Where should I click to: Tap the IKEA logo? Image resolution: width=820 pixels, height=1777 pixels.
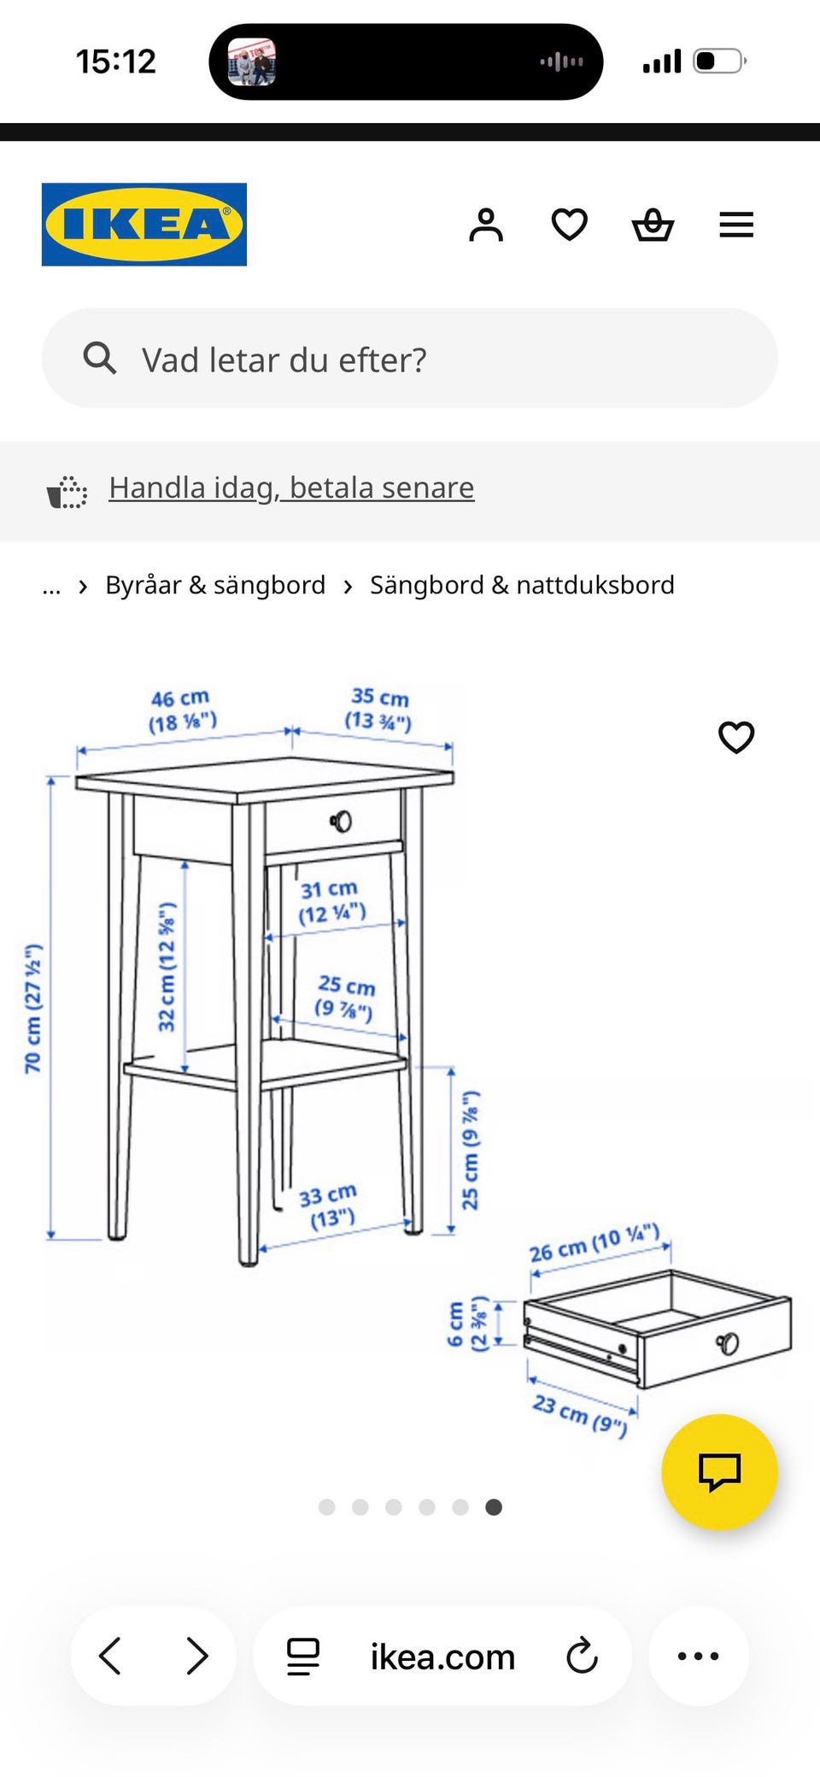pyautogui.click(x=144, y=225)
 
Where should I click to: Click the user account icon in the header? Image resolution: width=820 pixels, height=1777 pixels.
pyautogui.click(x=486, y=225)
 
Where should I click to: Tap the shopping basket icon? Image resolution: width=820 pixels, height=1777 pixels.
pyautogui.click(x=653, y=225)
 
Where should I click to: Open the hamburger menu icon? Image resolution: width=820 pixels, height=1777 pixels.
pyautogui.click(x=735, y=225)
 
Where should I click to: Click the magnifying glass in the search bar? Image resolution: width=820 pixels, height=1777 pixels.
pyautogui.click(x=100, y=359)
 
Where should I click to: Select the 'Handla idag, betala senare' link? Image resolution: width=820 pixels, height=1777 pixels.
pyautogui.click(x=291, y=488)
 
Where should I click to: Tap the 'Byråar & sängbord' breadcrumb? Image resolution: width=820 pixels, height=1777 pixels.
pyautogui.click(x=215, y=585)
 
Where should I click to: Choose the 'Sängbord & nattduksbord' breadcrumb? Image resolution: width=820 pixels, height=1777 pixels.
pyautogui.click(x=522, y=585)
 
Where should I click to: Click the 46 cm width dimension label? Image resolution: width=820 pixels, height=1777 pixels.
pyautogui.click(x=182, y=710)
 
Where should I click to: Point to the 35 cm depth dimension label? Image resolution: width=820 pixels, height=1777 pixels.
pyautogui.click(x=379, y=709)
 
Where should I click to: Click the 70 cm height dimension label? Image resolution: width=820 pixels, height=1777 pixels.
pyautogui.click(x=33, y=1008)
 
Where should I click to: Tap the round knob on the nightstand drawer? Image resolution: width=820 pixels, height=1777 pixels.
pyautogui.click(x=342, y=821)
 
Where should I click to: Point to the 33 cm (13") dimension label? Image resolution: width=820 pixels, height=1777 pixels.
pyautogui.click(x=329, y=1206)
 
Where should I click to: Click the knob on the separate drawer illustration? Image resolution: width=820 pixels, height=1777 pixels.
pyautogui.click(x=728, y=1343)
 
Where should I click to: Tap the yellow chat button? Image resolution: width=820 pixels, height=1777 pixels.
pyautogui.click(x=719, y=1471)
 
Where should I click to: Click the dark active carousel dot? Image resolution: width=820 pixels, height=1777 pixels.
pyautogui.click(x=494, y=1507)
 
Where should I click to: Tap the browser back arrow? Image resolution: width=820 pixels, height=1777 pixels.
pyautogui.click(x=110, y=1656)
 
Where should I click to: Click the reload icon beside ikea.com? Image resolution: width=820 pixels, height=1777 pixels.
pyautogui.click(x=582, y=1656)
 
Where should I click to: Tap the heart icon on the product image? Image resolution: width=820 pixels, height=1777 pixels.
pyautogui.click(x=736, y=737)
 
